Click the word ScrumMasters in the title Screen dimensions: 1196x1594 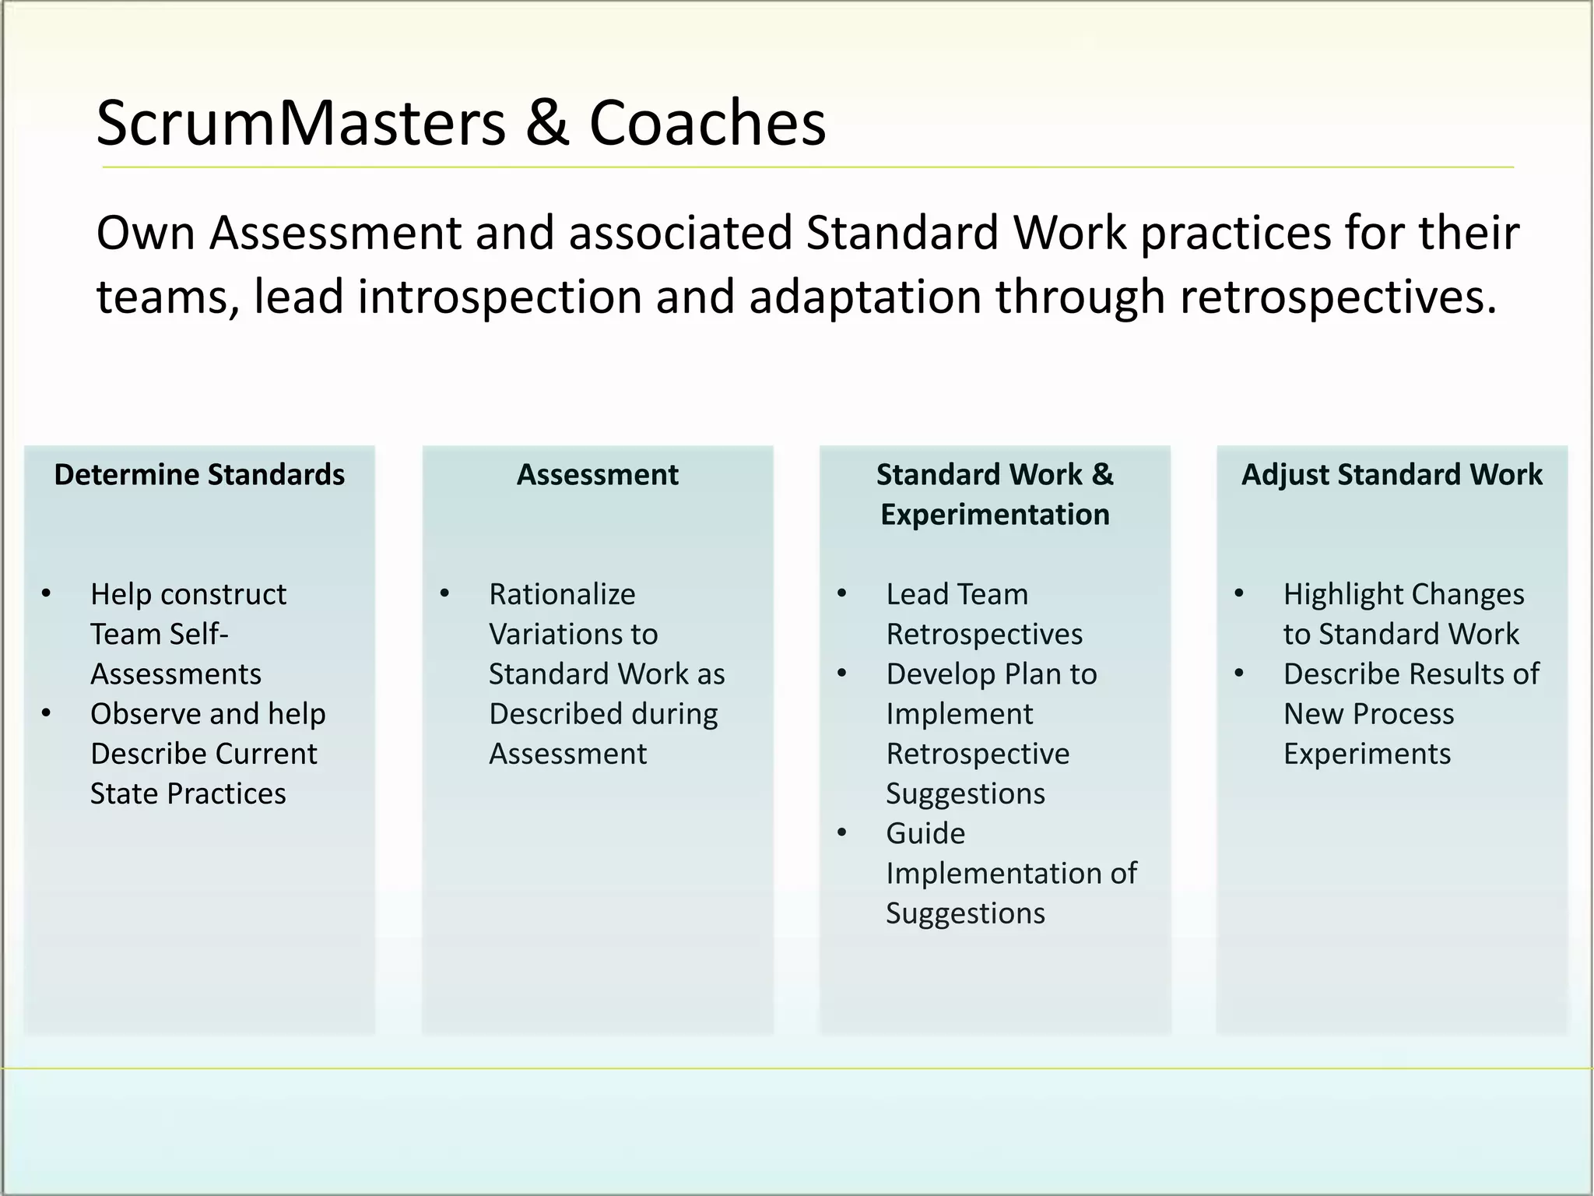pos(300,123)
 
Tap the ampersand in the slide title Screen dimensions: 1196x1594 pos(546,123)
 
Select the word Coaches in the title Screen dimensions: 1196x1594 pos(707,123)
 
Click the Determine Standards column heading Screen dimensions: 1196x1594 pos(199,474)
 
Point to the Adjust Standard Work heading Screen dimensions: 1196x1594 pos(1392,474)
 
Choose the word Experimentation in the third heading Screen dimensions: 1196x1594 pos(995,515)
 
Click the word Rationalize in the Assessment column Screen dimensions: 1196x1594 pos(562,594)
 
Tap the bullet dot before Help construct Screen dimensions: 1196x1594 pos(47,594)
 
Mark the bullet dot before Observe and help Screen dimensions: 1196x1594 pos(47,713)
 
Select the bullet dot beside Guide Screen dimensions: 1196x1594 pos(842,833)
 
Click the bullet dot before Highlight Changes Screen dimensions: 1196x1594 pos(1239,594)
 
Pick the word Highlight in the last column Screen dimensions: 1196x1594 pos(1332,594)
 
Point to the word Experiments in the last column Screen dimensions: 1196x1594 pos(1367,754)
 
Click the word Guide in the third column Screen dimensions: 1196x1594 pos(925,833)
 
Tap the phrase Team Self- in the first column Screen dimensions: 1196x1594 pos(159,634)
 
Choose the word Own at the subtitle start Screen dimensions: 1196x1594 pos(146,232)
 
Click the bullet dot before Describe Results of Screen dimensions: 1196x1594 pos(1239,674)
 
